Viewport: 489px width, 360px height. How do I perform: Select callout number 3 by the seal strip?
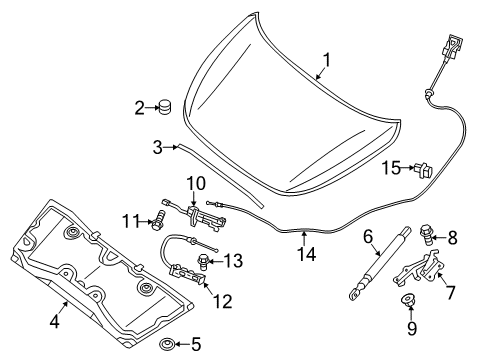pos(158,148)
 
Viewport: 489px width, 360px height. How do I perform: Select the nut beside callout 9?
pos(409,329)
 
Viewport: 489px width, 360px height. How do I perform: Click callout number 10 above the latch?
pos(194,183)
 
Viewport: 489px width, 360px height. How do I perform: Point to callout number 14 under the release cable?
pos(304,255)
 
